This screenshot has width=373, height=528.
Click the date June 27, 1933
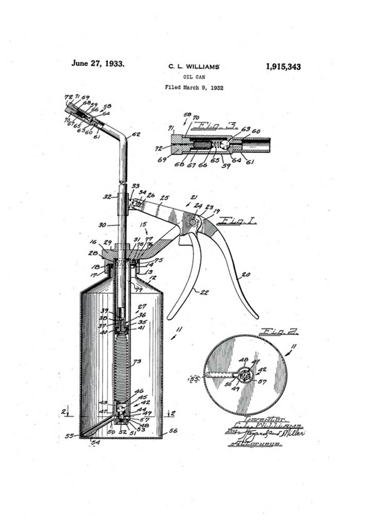tap(98, 64)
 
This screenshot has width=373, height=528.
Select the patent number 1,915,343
tap(283, 67)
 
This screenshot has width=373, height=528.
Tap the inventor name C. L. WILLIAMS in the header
tap(194, 67)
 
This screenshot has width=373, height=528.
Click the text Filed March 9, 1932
tap(194, 87)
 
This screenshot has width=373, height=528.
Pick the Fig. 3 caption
tap(213, 125)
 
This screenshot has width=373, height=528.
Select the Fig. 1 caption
tap(238, 221)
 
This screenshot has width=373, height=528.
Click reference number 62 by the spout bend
tap(135, 135)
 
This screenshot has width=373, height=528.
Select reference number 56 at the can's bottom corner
tap(173, 431)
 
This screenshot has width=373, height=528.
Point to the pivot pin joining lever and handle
tap(193, 222)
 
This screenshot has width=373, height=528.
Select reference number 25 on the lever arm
tap(164, 197)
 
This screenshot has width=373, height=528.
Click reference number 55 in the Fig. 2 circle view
tap(195, 378)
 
